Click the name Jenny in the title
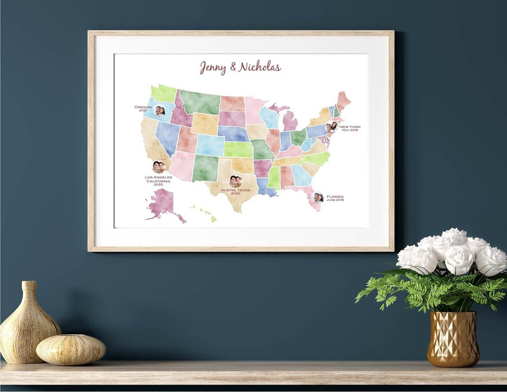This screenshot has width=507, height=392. pos(213,67)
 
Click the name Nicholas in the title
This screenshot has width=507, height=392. pos(260,67)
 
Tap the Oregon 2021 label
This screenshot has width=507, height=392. pos(143,108)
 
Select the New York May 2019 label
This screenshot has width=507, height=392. pos(350,128)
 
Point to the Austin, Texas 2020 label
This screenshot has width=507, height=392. pos(235,192)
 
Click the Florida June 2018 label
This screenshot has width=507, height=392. pos(335,198)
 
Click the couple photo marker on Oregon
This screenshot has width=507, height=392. pos(160,111)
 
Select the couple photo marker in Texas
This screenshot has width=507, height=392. pos(235,181)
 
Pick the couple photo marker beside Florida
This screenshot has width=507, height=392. pos(318,198)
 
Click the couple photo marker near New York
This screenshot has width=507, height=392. pos(332,127)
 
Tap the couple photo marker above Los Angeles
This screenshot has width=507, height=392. pos(159,167)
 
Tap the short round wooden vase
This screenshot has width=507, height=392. pos(71,349)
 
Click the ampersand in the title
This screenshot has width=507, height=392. pos(233,68)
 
